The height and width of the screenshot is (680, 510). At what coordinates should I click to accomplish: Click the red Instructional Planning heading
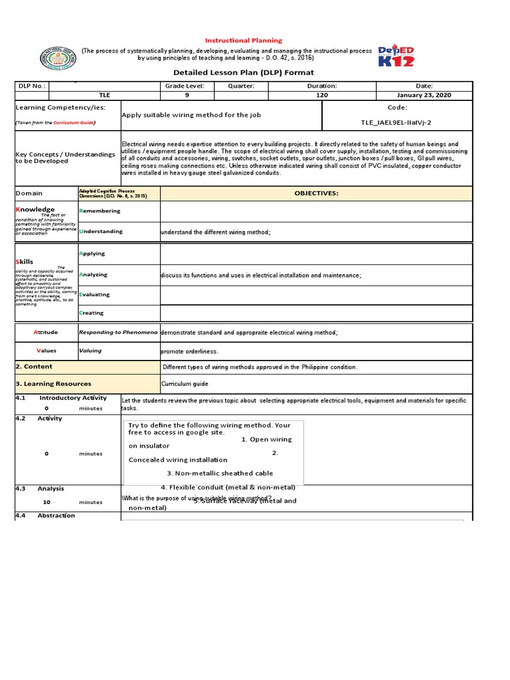(242, 41)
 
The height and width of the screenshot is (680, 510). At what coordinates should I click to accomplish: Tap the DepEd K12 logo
(396, 56)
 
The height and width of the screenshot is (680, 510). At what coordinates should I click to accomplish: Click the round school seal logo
(58, 59)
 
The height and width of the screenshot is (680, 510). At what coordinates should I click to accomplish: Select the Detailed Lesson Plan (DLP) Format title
(243, 72)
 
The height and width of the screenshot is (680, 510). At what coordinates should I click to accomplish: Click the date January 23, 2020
(424, 96)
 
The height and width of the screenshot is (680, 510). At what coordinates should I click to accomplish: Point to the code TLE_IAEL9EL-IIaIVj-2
(396, 123)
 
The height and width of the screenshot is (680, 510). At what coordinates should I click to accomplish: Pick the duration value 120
(322, 96)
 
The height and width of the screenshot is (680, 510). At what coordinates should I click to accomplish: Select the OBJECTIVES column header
(316, 193)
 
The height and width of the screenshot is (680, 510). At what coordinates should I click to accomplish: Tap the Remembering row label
(100, 211)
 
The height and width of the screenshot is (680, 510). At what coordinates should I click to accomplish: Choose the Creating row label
(92, 313)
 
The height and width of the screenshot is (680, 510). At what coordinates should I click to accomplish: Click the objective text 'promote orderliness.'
(189, 351)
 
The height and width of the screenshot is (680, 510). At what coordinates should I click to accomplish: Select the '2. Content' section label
(34, 367)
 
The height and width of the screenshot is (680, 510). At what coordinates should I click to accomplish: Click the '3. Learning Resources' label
(53, 384)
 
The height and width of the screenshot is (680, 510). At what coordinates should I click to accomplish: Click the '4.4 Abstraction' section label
(46, 515)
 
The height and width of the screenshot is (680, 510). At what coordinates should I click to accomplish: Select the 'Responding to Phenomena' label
(118, 332)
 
